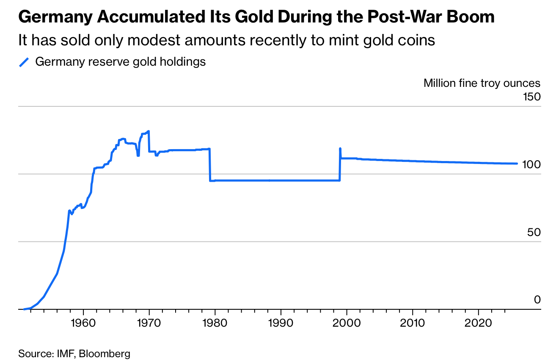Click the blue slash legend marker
click(x=24, y=62)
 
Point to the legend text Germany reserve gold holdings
click(x=120, y=62)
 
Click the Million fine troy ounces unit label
click(x=482, y=83)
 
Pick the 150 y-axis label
click(x=532, y=97)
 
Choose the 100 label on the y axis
click(x=532, y=164)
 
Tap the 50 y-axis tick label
click(x=534, y=232)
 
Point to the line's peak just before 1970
click(x=149, y=131)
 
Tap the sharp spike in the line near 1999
click(x=340, y=149)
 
